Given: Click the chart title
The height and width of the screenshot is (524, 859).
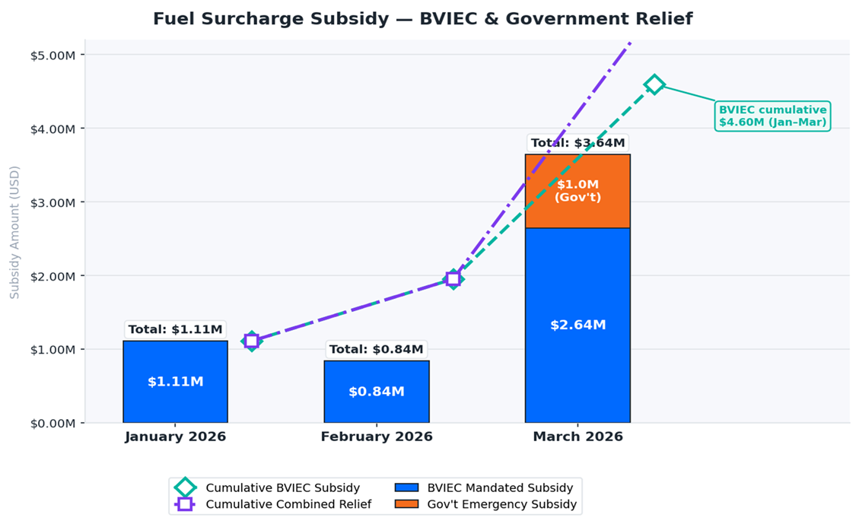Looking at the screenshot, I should pos(422,19).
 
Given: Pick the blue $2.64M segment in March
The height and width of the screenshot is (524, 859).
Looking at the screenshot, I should pos(577,325).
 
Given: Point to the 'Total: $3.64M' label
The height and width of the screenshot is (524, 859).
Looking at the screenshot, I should pos(577,143).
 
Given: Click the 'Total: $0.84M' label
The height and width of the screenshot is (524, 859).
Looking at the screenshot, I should pos(376,349).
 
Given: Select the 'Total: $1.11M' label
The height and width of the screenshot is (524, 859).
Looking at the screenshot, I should pos(175,329).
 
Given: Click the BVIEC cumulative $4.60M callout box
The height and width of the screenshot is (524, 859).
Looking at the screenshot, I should pos(772,116).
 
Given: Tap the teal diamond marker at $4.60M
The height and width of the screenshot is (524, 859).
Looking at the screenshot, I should pos(654,84).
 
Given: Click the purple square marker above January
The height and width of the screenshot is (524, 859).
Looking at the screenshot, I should pos(251,341).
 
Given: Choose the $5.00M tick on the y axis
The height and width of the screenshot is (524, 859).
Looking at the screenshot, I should pos(53,55).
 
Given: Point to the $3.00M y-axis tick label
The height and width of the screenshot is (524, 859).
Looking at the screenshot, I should pos(53,202).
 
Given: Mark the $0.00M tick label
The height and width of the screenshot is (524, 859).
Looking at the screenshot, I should pos(53,423).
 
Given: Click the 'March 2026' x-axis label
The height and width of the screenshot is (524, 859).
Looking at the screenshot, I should pos(577,437).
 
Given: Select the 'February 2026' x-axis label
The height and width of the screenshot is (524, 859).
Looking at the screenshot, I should pos(376,437).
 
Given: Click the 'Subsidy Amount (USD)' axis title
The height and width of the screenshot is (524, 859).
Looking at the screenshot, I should pos(14,232).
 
